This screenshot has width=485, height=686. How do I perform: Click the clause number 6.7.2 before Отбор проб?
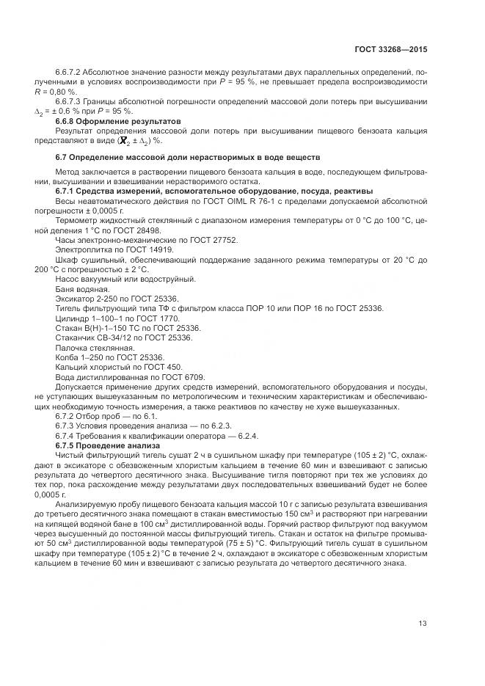click(x=67, y=416)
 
